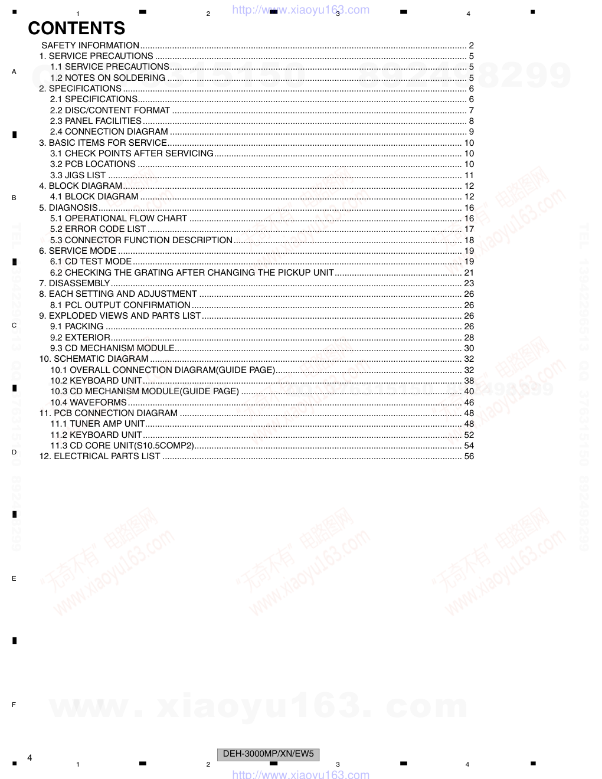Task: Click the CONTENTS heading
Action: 76,28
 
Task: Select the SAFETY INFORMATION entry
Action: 90,45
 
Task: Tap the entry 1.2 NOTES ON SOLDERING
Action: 107,78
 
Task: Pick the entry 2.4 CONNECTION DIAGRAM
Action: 109,132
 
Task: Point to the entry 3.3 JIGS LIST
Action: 78,175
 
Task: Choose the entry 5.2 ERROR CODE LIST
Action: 97,229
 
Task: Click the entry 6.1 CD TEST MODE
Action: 91,261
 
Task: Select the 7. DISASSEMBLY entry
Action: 74,283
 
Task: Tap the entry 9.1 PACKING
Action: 77,326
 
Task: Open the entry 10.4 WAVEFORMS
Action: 89,402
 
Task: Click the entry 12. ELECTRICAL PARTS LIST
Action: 100,456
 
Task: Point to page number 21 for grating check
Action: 469,273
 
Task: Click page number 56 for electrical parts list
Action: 469,456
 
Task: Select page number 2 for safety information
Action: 472,45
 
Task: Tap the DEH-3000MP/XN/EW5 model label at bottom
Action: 269,754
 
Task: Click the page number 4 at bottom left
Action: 30,758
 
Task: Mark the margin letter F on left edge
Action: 14,705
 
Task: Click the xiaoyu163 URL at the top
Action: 301,10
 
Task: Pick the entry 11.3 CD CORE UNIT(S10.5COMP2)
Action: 122,446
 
